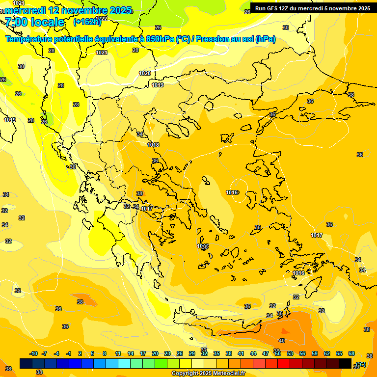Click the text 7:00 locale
click(34, 22)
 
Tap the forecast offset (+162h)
click(87, 22)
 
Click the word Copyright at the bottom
click(185, 374)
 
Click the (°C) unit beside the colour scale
click(361, 364)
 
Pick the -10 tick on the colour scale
click(33, 353)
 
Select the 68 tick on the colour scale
click(351, 353)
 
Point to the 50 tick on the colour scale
click(278, 353)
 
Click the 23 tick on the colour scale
click(167, 353)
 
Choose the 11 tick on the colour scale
click(118, 353)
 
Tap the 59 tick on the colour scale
click(314, 353)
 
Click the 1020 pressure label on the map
click(144, 73)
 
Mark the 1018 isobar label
click(153, 145)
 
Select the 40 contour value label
click(282, 341)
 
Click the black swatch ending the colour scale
click(346, 364)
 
